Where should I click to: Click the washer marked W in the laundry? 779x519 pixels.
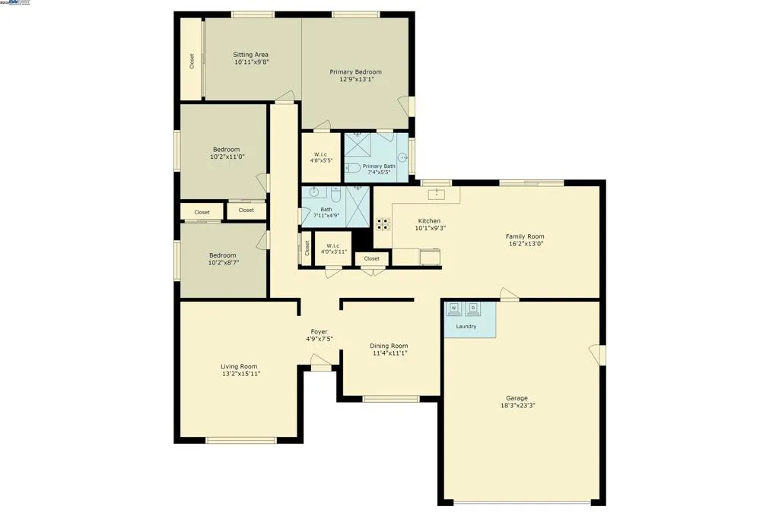(x=455, y=309)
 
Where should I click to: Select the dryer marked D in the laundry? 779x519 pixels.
(x=473, y=309)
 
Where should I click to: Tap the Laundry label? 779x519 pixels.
(x=466, y=327)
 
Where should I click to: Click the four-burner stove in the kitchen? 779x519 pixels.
(x=383, y=223)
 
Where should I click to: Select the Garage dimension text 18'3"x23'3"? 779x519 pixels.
(x=517, y=406)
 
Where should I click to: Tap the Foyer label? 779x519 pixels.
(x=319, y=331)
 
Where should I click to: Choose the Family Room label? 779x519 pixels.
(x=525, y=236)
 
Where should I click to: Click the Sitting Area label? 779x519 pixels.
(x=250, y=55)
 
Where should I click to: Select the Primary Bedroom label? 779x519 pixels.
(x=355, y=71)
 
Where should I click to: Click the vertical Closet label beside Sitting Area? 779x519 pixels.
(x=192, y=61)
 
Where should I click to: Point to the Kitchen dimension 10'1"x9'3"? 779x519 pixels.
(x=430, y=228)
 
